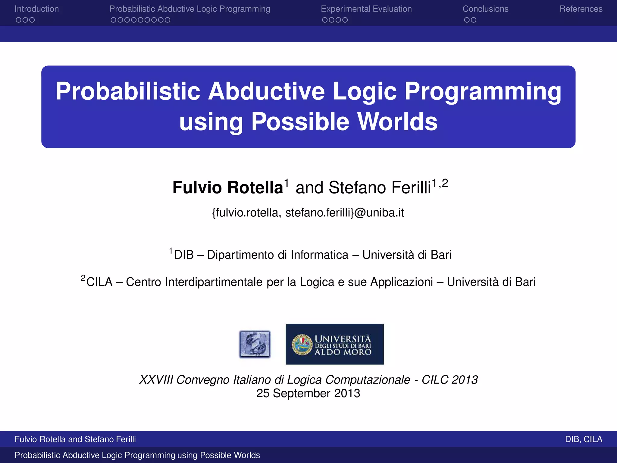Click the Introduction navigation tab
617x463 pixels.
36,9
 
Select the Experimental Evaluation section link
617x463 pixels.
366,9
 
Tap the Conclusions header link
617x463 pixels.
485,9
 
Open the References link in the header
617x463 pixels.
581,9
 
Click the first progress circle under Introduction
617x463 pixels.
19,20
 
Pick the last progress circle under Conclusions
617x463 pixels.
474,20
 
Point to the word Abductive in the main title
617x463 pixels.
266,91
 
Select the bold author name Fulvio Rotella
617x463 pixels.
228,187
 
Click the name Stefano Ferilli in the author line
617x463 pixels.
380,187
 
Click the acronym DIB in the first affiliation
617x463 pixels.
184,255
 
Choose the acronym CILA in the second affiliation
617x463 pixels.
99,282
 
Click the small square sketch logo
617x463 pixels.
255,344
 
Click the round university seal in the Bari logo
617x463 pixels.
302,345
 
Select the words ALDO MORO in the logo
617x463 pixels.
343,352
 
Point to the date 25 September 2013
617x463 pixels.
308,393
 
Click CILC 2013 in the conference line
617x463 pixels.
449,380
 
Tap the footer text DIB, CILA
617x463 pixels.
583,439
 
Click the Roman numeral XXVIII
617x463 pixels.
156,380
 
